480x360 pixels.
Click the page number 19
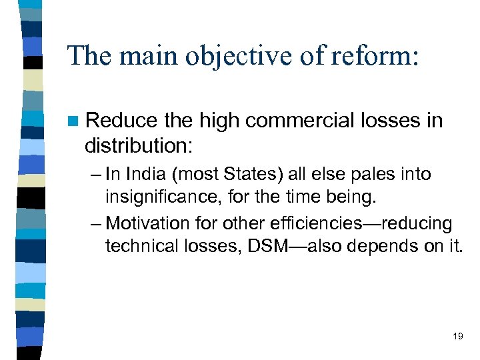click(x=457, y=336)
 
